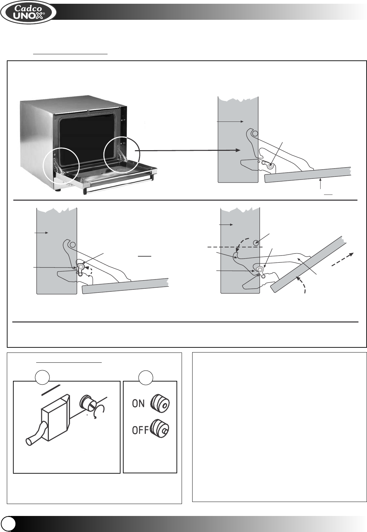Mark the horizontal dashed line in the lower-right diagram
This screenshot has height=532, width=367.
(x=236, y=246)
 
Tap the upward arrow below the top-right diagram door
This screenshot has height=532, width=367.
(x=321, y=184)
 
